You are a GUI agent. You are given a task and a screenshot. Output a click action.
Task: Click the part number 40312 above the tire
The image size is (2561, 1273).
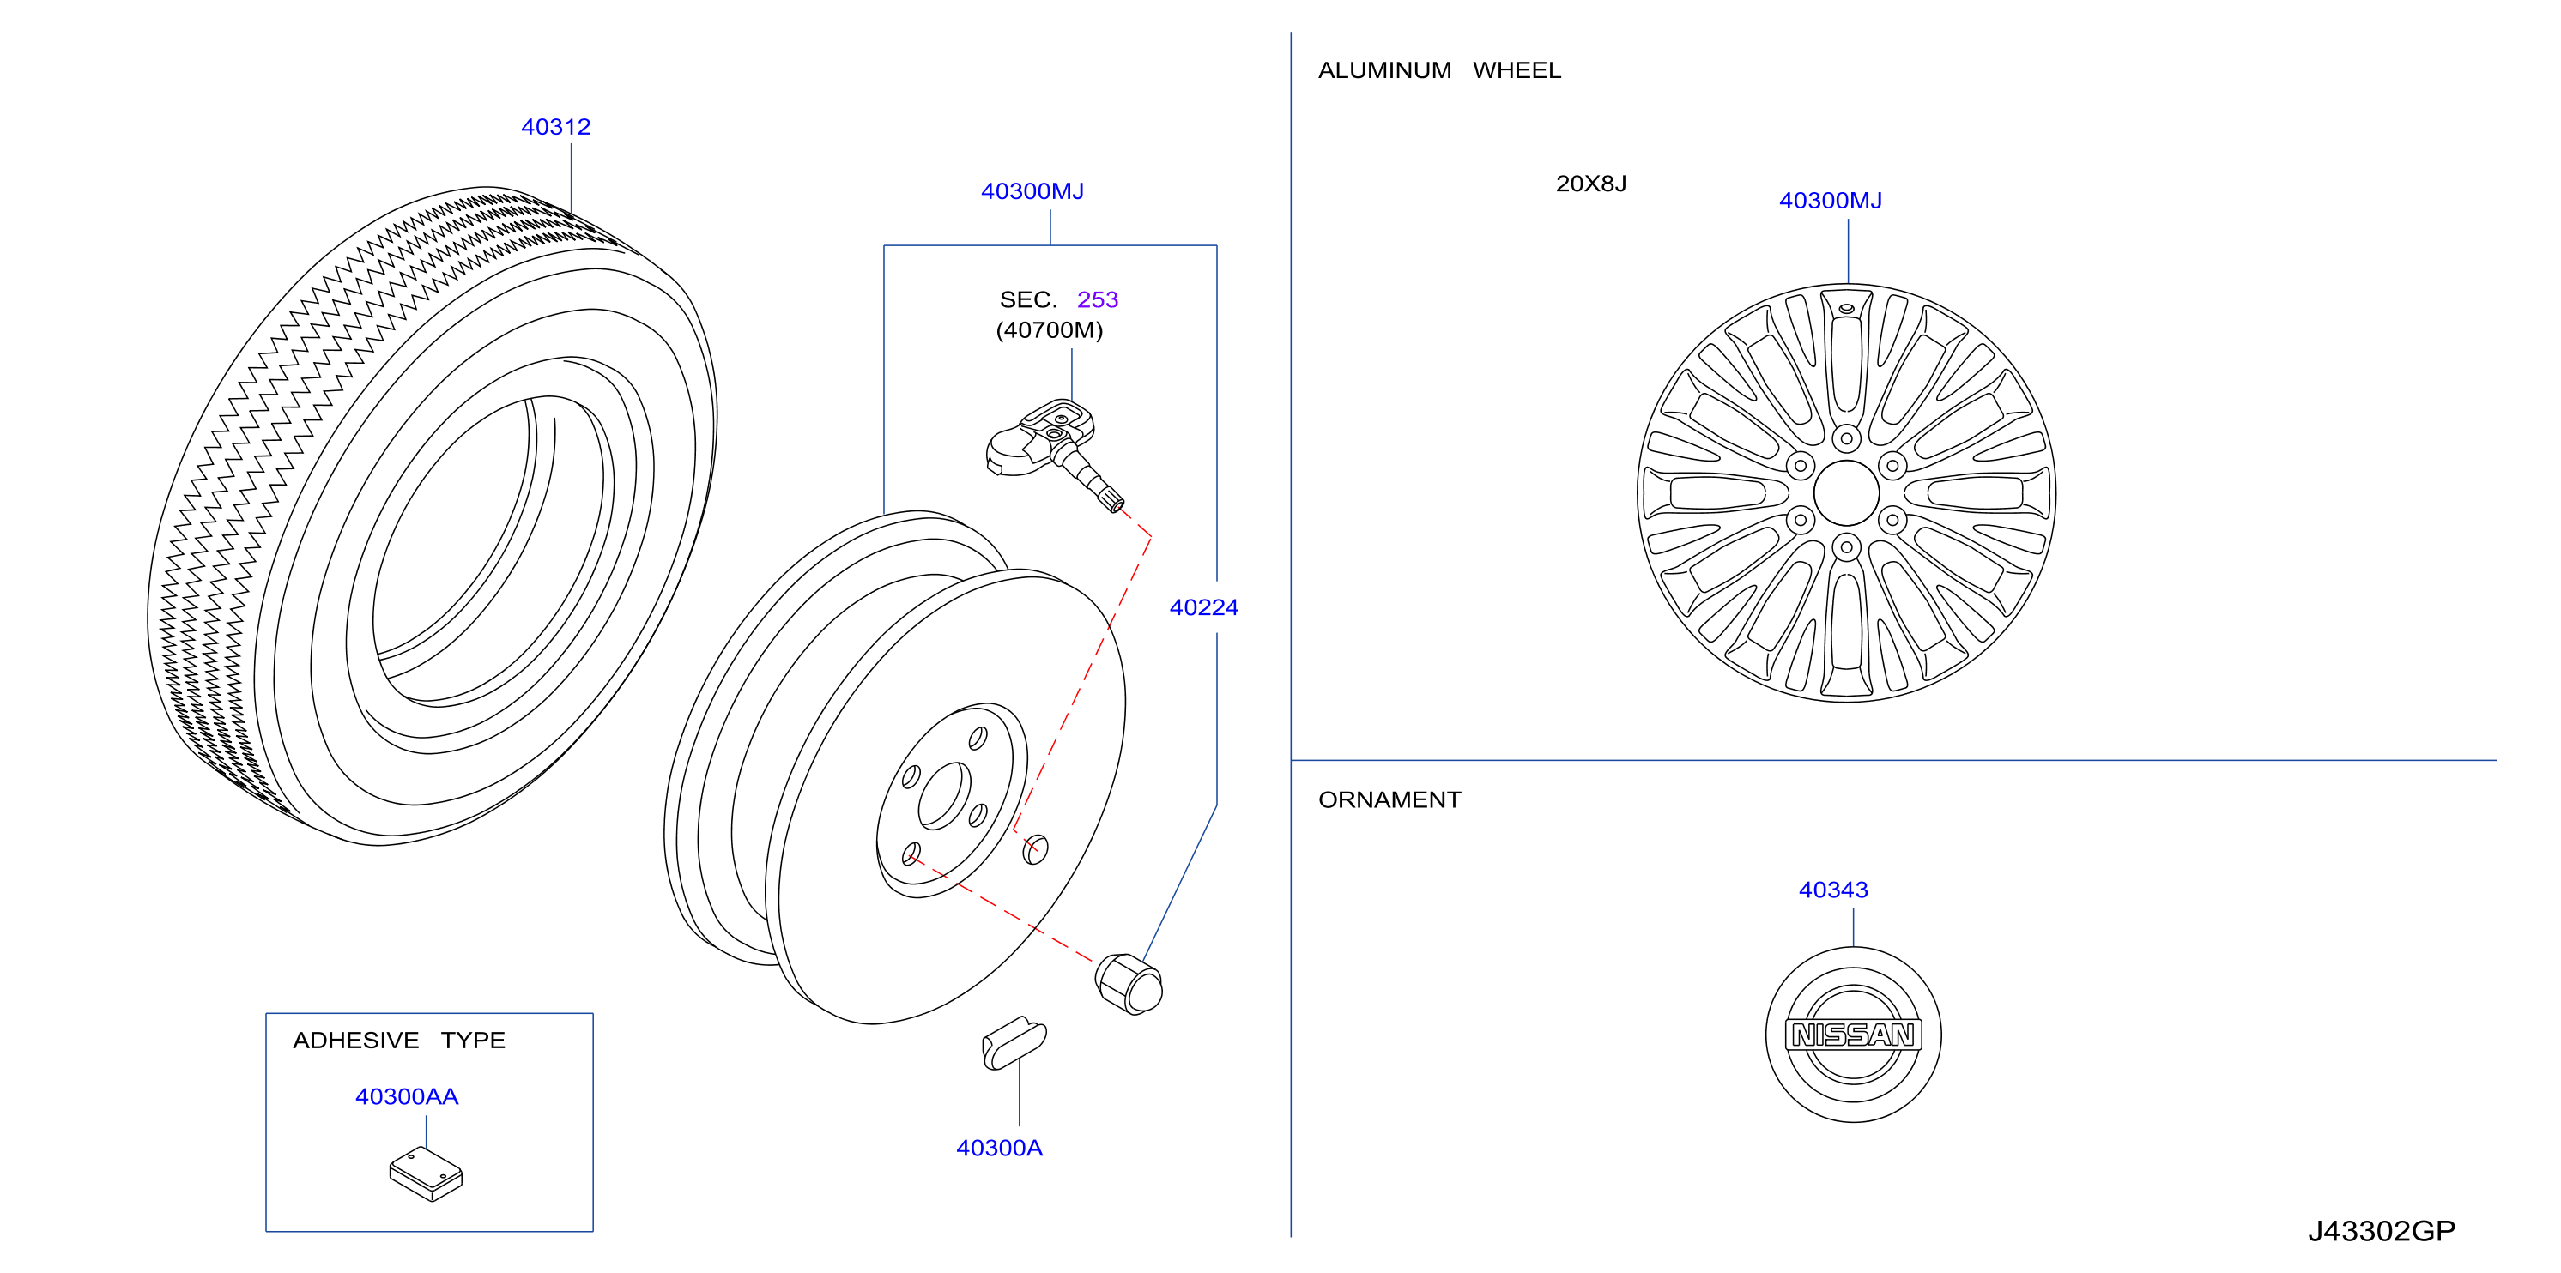tap(556, 127)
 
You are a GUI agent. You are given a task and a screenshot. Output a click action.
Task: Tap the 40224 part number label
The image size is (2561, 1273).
tap(1204, 607)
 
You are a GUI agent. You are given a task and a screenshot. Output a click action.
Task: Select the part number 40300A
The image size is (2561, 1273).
tap(999, 1148)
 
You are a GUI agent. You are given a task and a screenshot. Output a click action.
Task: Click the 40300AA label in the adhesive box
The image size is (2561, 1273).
tap(407, 1096)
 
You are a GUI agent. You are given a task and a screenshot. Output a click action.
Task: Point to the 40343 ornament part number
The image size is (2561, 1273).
tap(1833, 890)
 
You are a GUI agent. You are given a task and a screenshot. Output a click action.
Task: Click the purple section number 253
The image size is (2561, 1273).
tap(1098, 299)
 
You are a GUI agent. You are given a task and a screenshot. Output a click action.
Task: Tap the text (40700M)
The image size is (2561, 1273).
tap(1050, 330)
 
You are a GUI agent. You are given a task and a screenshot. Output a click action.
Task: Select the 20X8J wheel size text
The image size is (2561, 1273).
tap(1590, 184)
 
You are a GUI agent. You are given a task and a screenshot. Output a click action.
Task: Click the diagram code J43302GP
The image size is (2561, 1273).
tap(2381, 1231)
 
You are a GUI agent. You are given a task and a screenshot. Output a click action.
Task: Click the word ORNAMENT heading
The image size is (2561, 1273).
tap(1389, 800)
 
